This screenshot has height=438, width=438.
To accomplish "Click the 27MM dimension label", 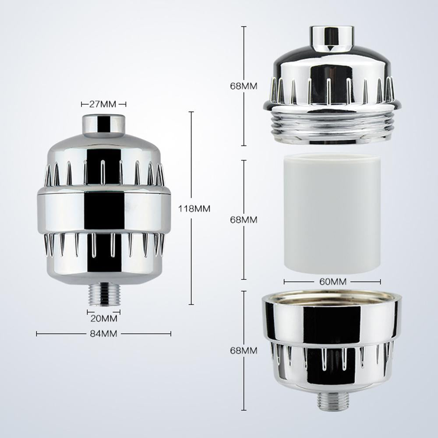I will click(104, 104).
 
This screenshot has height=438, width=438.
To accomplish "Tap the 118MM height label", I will click(194, 209).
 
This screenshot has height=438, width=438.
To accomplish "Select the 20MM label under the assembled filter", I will click(104, 318).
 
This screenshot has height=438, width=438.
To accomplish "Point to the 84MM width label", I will click(104, 334).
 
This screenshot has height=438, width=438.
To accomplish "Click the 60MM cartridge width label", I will click(332, 282).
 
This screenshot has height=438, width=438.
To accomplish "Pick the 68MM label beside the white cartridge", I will click(244, 220).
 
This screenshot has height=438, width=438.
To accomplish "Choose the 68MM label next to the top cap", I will click(244, 86).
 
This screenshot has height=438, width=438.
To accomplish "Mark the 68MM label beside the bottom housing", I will click(244, 350).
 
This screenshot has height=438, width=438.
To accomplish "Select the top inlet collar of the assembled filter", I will click(104, 124).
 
